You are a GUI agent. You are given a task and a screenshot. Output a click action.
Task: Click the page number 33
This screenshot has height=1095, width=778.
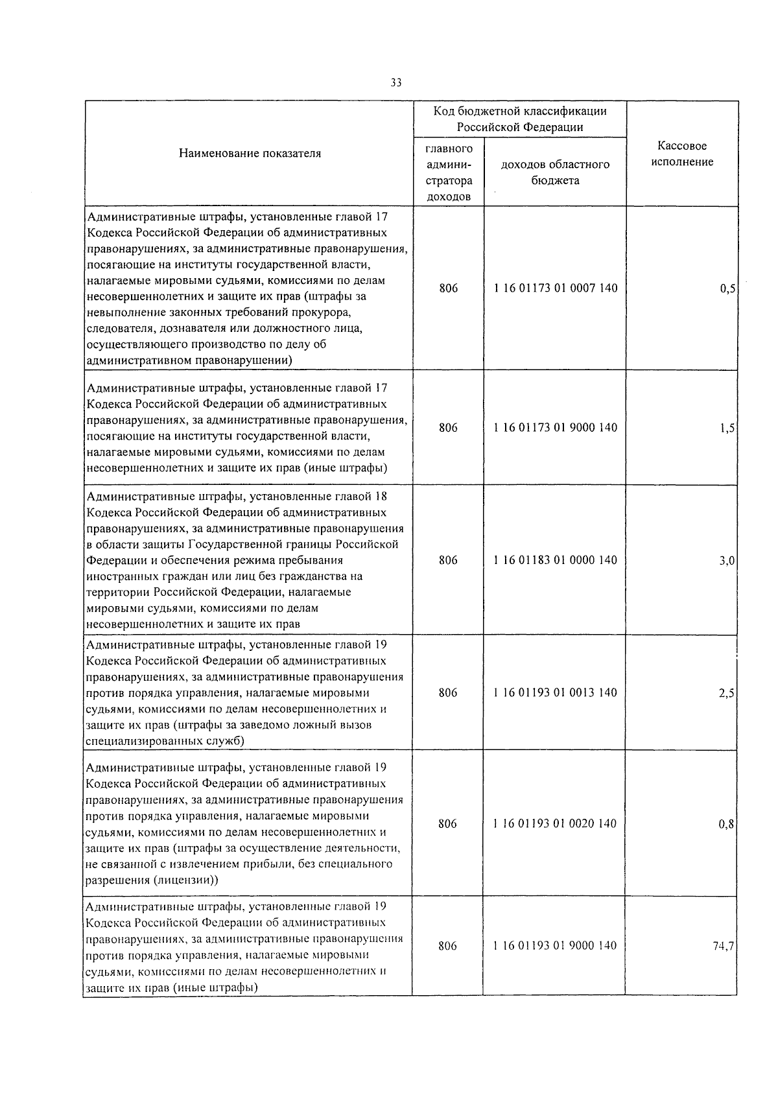tap(396, 83)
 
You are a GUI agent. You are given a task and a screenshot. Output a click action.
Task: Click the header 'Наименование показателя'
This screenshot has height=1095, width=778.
tap(250, 154)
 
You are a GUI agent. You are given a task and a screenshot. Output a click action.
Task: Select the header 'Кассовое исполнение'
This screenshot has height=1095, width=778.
tap(682, 154)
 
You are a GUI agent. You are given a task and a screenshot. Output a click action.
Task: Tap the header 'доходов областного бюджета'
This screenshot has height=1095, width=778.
tap(555, 172)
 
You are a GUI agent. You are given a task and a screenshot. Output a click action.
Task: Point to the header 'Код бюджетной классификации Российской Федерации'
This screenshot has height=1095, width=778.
tap(520, 119)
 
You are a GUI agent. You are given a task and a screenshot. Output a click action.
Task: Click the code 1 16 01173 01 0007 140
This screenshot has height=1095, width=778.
tap(555, 288)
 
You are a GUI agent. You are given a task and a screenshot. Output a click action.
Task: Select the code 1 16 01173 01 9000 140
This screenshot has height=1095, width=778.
tap(555, 428)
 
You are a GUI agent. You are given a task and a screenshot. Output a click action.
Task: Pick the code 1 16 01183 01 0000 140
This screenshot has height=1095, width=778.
tap(555, 560)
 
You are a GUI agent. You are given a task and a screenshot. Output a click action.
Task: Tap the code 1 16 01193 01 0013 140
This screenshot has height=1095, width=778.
tap(555, 693)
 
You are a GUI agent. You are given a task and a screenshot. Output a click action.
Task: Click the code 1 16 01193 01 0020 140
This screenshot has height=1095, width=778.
tap(555, 824)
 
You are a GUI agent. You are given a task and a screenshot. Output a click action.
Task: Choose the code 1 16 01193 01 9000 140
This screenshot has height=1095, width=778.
tap(555, 947)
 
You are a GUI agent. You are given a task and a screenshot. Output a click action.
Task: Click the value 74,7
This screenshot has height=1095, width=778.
tap(724, 947)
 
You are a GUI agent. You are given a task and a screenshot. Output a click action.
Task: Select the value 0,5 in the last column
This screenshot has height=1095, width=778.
tap(727, 289)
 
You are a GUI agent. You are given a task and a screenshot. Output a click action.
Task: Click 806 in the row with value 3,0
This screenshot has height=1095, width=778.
tap(448, 560)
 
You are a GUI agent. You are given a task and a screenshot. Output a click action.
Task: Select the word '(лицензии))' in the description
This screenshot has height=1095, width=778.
tap(185, 880)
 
